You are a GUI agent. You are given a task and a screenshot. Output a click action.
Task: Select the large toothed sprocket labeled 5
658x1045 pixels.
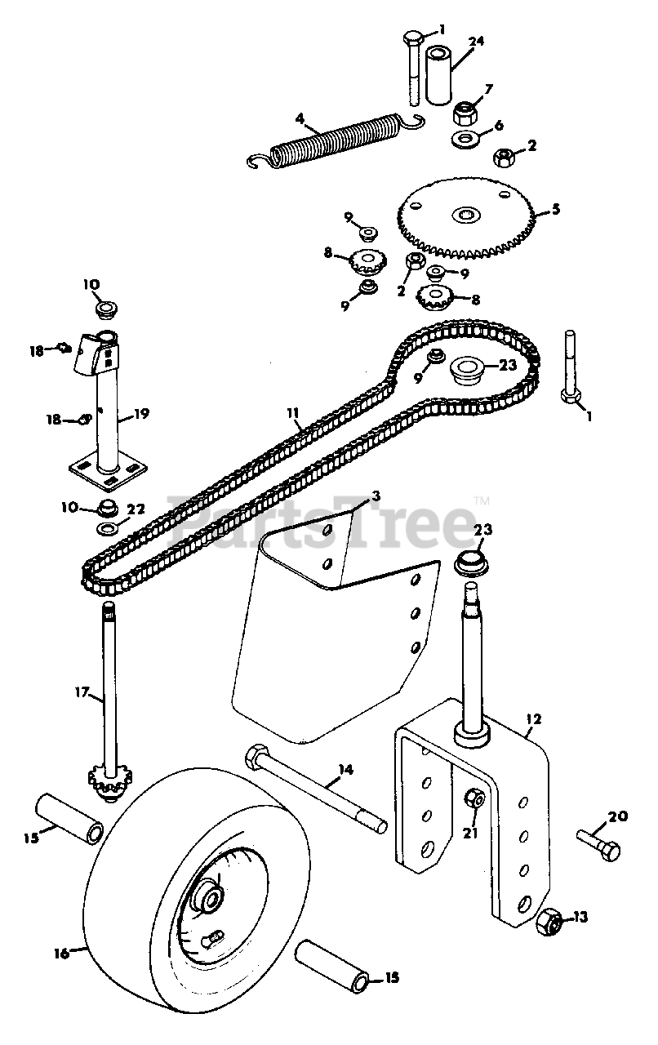point(466,216)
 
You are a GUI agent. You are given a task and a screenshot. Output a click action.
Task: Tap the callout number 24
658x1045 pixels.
point(476,41)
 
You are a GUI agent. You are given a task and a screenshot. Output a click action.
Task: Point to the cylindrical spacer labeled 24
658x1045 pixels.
point(436,75)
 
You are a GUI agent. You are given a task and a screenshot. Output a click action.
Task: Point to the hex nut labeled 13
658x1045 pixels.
point(551,920)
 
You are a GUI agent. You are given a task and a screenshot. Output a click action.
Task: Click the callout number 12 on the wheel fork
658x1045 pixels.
point(534,720)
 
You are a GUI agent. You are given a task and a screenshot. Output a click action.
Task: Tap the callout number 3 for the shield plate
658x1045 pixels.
point(376,496)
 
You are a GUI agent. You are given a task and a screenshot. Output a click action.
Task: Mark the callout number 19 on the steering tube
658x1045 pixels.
point(140,414)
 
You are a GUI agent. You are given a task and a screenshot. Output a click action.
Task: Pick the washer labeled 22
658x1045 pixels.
point(108,530)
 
